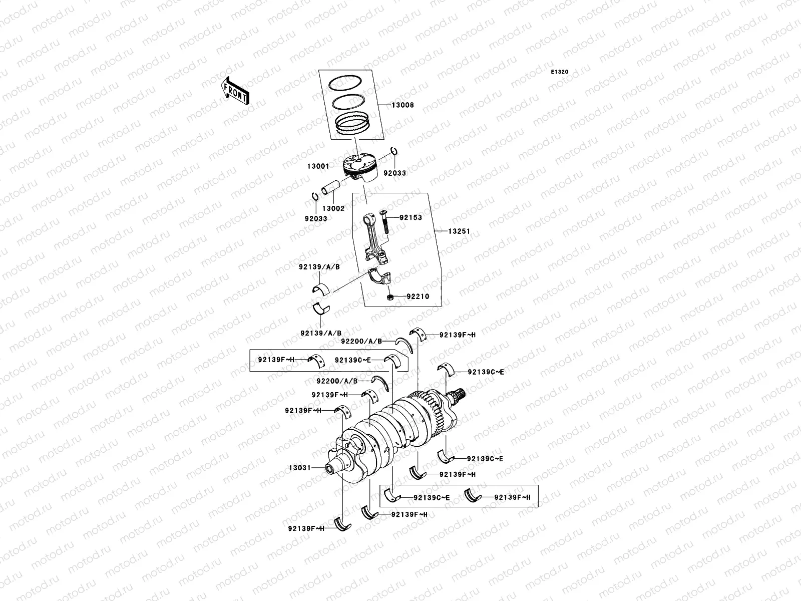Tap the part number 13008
click(403, 106)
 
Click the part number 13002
click(333, 208)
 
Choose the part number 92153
click(411, 218)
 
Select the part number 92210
click(418, 296)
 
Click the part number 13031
click(300, 468)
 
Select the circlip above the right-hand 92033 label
click(394, 152)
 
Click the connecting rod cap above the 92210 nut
click(381, 276)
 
